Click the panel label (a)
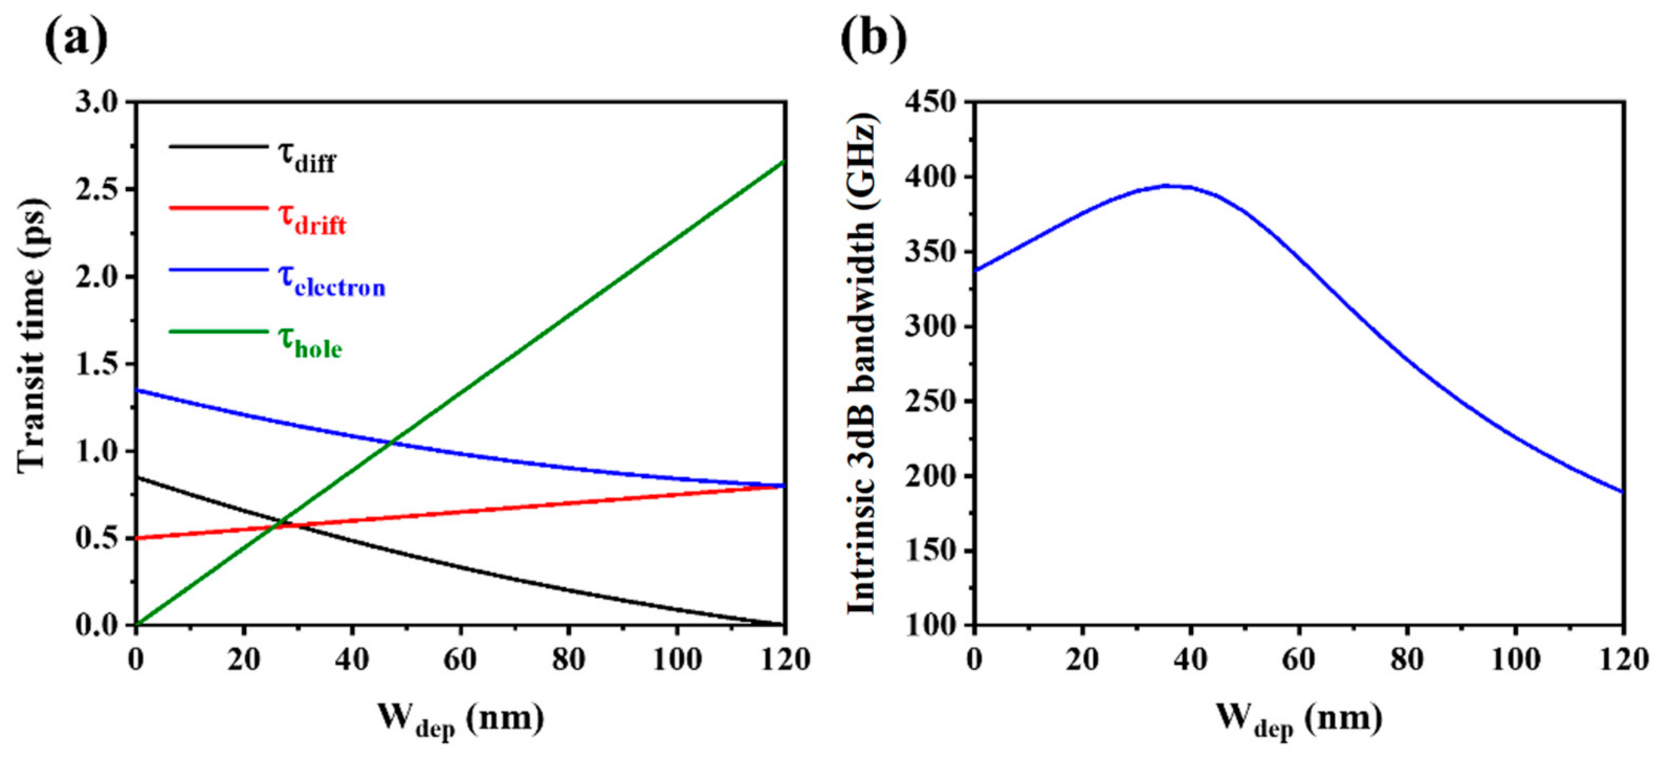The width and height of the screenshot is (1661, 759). click(x=76, y=40)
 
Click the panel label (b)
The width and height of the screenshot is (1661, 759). click(x=874, y=40)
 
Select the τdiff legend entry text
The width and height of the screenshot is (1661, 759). click(x=307, y=157)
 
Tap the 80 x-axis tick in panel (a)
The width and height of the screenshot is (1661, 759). click(x=569, y=659)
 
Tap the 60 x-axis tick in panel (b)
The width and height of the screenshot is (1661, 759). click(x=1299, y=659)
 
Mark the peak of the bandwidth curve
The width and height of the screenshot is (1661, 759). click(x=1169, y=186)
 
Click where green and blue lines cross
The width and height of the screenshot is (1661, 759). click(x=390, y=442)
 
